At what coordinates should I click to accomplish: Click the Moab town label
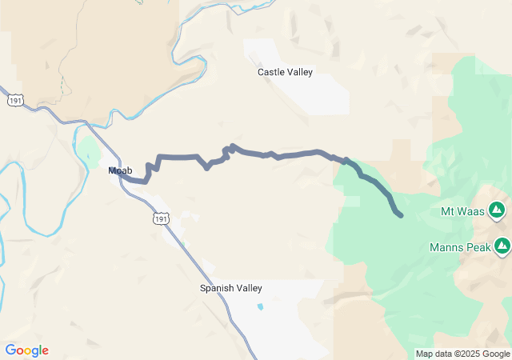(120, 170)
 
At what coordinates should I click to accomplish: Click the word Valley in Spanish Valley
(248, 288)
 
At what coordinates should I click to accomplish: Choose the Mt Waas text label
(460, 212)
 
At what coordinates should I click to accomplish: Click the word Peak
(478, 247)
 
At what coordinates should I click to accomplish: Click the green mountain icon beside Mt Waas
(497, 210)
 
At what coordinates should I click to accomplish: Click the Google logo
(26, 350)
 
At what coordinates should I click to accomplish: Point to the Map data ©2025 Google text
(462, 354)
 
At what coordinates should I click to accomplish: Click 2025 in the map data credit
(467, 354)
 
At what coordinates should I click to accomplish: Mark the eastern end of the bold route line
(400, 214)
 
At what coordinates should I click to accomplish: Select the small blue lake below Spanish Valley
(259, 306)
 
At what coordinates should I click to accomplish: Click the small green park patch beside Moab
(89, 149)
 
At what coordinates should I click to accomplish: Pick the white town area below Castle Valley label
(320, 96)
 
